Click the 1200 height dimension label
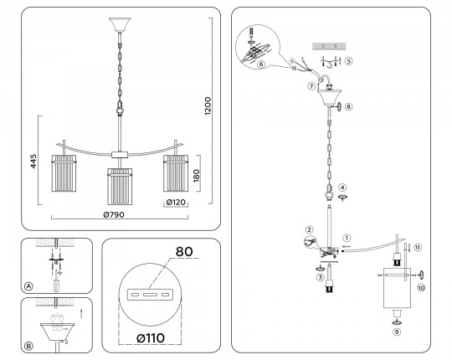[x=208, y=106]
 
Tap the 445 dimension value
[x=33, y=161]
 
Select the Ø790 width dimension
[x=114, y=214]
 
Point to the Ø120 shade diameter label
[x=176, y=203]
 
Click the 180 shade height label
[x=196, y=176]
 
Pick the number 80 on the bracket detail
[x=184, y=252]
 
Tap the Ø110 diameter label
[x=151, y=337]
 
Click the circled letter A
[x=28, y=286]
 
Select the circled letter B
[x=28, y=346]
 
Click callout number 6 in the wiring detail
[x=261, y=64]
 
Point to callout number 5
[x=348, y=61]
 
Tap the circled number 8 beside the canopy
[x=348, y=106]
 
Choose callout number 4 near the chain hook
[x=342, y=188]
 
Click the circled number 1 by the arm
[x=347, y=238]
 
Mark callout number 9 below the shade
[x=397, y=332]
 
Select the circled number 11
[x=418, y=247]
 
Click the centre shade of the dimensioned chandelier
[x=120, y=186]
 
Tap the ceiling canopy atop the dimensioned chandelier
[x=120, y=25]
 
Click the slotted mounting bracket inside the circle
[x=150, y=295]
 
